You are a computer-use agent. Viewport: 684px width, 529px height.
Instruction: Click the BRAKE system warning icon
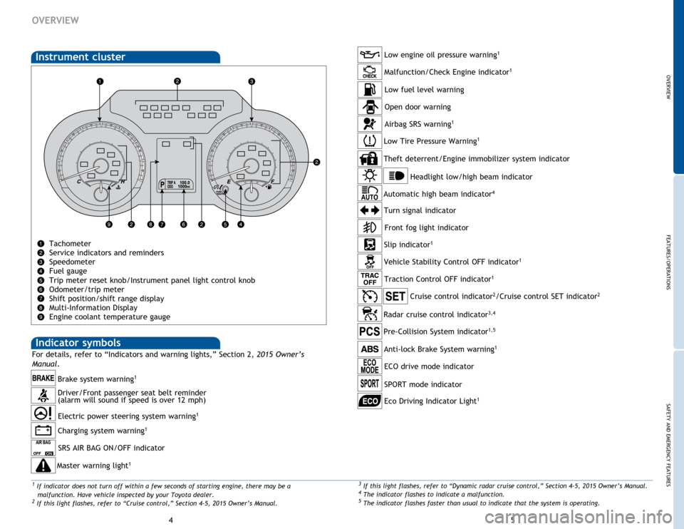tap(43, 378)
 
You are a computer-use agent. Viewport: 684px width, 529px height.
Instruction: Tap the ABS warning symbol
tap(370, 349)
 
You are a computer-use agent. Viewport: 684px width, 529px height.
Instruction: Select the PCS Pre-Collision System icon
tap(370, 332)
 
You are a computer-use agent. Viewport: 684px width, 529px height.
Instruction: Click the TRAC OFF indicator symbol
tap(370, 279)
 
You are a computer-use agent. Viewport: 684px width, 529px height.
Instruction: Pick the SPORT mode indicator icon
tap(370, 384)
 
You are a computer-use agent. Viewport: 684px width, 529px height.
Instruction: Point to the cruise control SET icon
tap(395, 297)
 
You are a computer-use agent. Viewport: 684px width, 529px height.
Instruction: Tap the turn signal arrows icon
tap(370, 210)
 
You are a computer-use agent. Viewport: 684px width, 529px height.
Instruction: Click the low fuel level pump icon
tap(370, 90)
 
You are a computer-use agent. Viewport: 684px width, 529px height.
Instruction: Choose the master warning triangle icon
tap(43, 466)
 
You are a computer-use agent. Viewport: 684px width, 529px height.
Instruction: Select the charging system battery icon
tap(43, 431)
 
